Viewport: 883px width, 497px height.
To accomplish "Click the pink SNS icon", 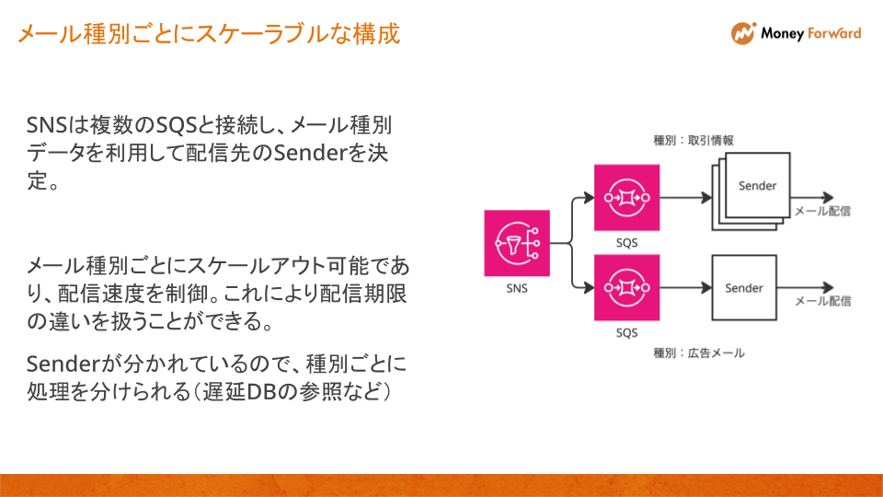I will (517, 243).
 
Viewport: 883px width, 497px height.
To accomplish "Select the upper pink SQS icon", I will (626, 197).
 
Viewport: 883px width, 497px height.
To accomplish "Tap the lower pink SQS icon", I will (626, 288).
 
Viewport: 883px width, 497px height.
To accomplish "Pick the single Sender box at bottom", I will (744, 288).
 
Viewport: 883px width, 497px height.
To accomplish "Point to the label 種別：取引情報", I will (693, 140).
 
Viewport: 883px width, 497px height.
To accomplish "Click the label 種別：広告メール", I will (699, 353).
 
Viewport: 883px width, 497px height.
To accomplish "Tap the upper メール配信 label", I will (822, 211).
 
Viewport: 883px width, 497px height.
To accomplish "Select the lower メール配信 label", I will (822, 301).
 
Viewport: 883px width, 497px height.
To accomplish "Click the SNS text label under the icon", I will (517, 288).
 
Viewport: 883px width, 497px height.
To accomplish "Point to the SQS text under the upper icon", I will (626, 242).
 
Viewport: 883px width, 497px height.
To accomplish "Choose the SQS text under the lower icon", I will (626, 332).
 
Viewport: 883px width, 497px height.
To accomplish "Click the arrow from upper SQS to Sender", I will (685, 197).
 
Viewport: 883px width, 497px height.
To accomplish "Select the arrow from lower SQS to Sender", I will (685, 288).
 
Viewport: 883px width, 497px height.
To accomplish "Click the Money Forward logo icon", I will (742, 33).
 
